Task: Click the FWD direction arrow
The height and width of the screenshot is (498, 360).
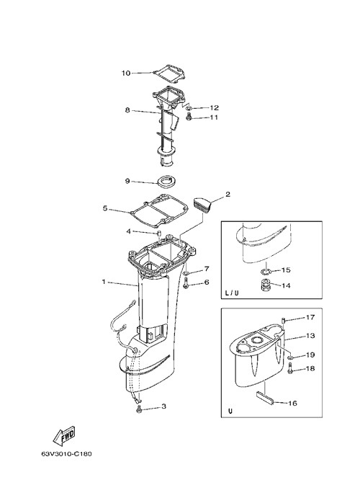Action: (x=63, y=435)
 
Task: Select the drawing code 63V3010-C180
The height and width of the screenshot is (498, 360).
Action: (x=66, y=453)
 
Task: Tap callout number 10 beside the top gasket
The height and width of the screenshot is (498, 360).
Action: (x=126, y=73)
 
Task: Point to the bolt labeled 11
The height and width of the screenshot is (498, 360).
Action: (x=189, y=117)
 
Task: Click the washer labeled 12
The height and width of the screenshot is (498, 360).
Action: (x=189, y=108)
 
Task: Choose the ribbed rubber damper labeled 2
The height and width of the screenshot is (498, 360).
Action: (x=203, y=205)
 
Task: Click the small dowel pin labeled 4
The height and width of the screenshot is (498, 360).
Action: (x=158, y=234)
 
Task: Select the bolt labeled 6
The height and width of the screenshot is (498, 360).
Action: (x=186, y=283)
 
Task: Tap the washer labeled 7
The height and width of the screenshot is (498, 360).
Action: (x=186, y=273)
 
